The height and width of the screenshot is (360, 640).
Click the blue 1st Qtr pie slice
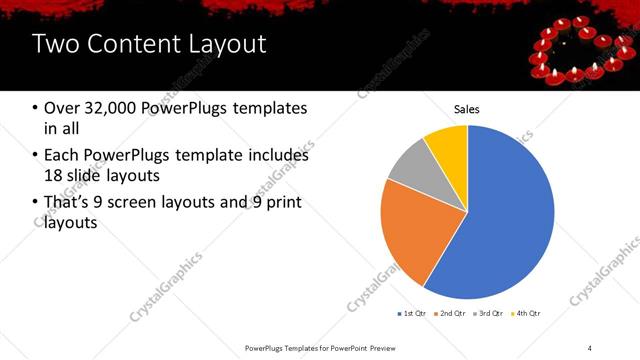[x=500, y=210]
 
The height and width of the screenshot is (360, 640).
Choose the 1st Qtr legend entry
[x=411, y=314]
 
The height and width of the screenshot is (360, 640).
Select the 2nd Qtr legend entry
[x=449, y=314]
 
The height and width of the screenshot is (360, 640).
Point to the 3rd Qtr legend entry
[x=487, y=314]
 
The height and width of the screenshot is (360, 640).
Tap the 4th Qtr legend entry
[x=526, y=314]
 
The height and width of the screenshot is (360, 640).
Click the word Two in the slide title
[x=53, y=44]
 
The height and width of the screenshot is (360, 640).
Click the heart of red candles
[x=577, y=56]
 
